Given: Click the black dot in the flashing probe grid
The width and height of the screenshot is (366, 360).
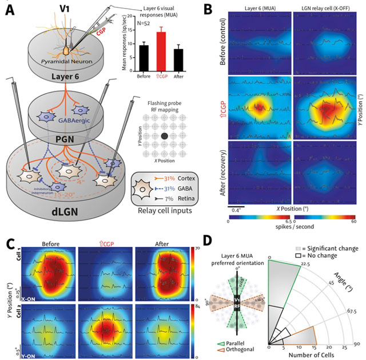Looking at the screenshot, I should pos(164,136).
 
